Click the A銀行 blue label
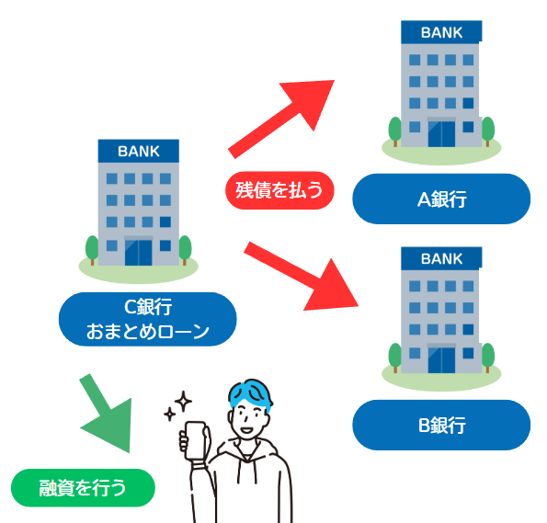coord(441,199)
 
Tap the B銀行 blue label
coord(441,426)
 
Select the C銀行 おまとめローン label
coord(147,319)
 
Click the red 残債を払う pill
coord(279,191)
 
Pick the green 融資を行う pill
coord(83,488)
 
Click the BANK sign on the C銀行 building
coord(138,150)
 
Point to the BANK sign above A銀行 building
coord(441,33)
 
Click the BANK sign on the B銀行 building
coord(441,260)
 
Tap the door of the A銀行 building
coord(441,132)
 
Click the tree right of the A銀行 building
coord(487,128)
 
